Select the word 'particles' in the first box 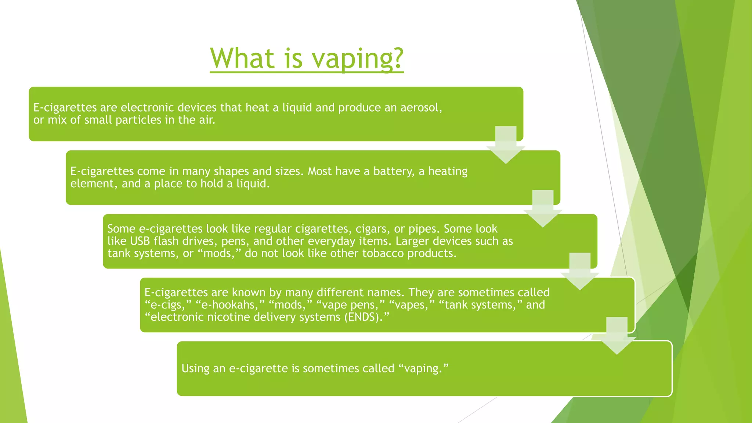[138, 120]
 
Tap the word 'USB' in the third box [140, 241]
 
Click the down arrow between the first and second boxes [506, 145]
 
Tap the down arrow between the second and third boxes [543, 208]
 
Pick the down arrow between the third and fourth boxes [580, 271]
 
